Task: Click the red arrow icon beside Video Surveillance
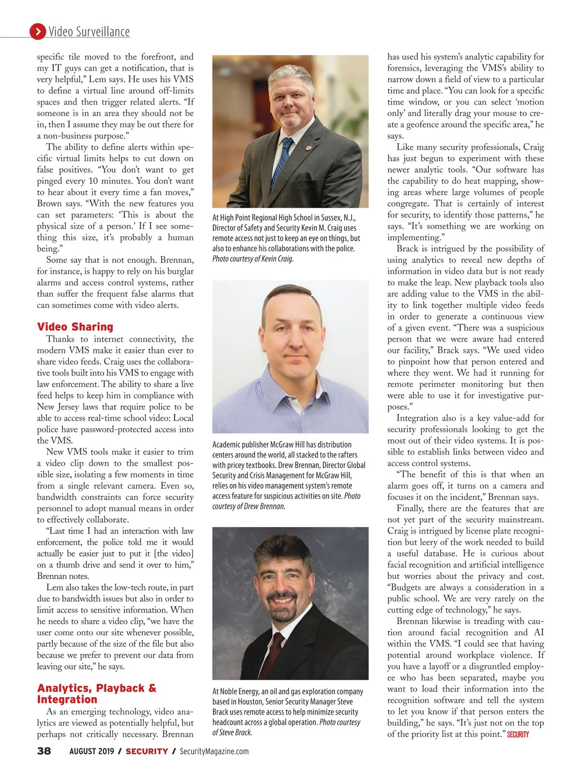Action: click(x=37, y=31)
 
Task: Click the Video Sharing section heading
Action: click(x=75, y=327)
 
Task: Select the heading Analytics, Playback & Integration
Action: click(x=96, y=694)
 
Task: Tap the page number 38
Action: click(x=44, y=751)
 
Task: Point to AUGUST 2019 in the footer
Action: click(x=92, y=751)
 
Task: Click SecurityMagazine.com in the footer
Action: click(x=214, y=751)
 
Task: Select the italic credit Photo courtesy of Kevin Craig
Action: click(x=253, y=259)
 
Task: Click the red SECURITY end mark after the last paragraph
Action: click(x=518, y=735)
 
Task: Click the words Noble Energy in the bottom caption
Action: click(x=240, y=691)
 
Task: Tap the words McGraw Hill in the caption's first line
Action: click(x=285, y=444)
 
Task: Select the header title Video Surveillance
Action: click(x=89, y=32)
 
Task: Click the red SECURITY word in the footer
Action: click(x=147, y=751)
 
